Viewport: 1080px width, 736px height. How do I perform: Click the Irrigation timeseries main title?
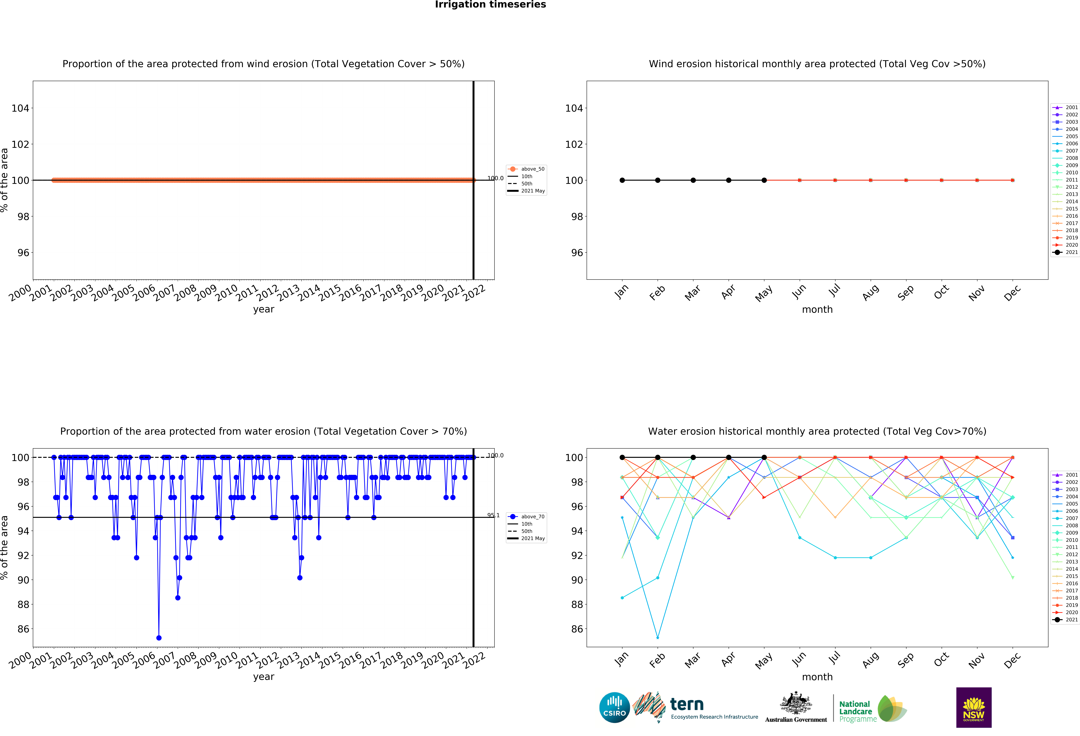click(490, 5)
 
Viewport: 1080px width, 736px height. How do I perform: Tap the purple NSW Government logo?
click(974, 707)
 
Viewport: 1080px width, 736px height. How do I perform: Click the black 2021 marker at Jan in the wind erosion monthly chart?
click(622, 180)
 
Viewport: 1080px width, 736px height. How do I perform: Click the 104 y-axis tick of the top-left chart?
click(20, 108)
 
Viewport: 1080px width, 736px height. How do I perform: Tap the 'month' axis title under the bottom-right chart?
click(817, 677)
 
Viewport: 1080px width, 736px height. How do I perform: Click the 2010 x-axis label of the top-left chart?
click(226, 293)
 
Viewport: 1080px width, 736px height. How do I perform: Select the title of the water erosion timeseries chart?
click(264, 431)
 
